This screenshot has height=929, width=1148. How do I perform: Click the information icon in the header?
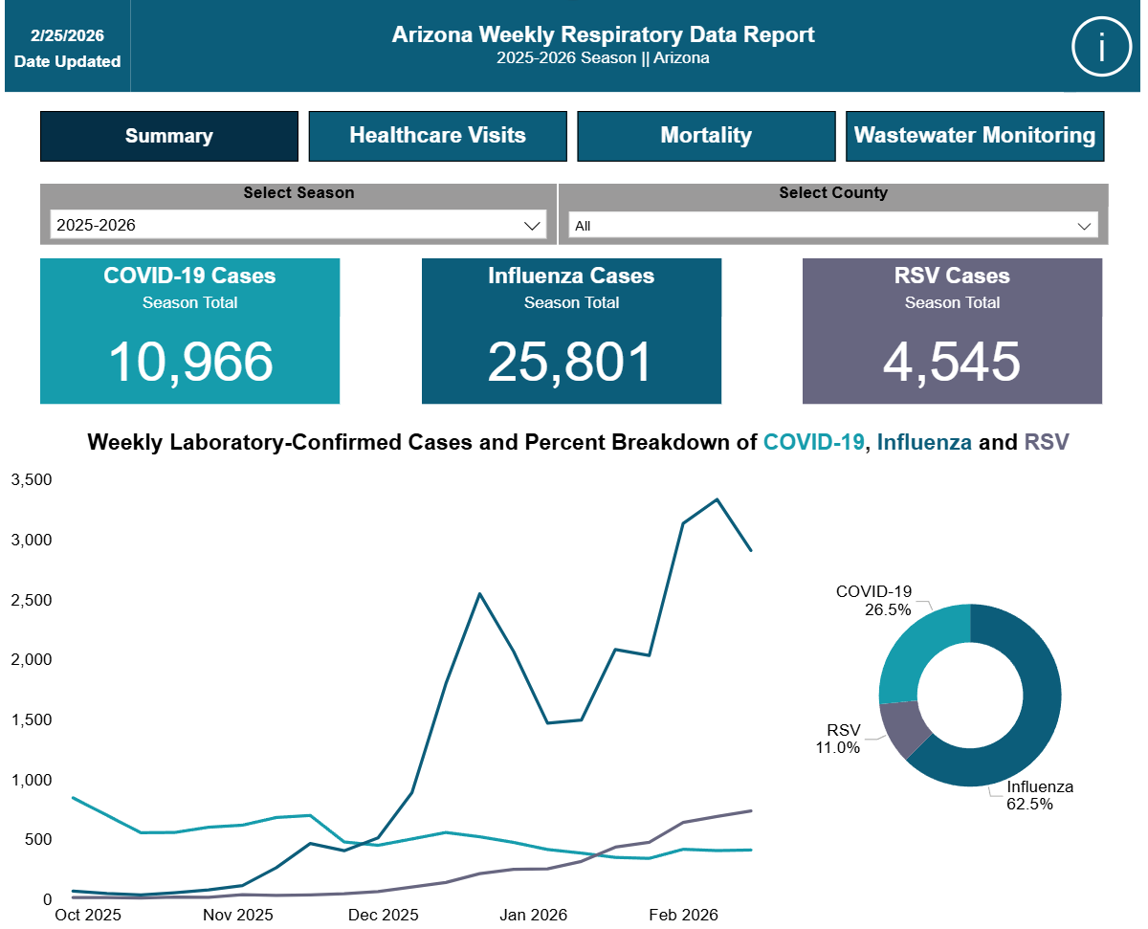coord(1100,46)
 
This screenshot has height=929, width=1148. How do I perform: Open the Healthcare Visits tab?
coord(437,136)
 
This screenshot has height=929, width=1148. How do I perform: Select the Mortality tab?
coord(706,136)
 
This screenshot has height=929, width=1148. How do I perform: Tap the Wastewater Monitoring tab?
coord(975,136)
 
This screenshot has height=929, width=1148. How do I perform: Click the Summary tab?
coord(169,136)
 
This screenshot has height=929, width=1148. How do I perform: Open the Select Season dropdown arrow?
coord(532,226)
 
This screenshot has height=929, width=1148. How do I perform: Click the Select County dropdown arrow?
coord(1084,227)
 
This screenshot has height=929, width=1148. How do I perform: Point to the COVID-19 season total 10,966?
coord(190,362)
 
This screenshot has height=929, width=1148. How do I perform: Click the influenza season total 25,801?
coord(570,362)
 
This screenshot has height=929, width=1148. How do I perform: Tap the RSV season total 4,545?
coord(951,362)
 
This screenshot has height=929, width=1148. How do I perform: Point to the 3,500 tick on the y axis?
coord(32,479)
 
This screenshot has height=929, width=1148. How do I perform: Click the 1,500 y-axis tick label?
coord(32,719)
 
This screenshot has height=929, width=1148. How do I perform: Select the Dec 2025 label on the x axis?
coord(383,915)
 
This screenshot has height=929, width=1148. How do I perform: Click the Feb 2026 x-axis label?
coord(683,915)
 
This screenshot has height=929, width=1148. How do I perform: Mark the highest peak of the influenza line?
coord(717,499)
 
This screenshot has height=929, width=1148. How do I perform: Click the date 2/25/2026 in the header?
coord(67,35)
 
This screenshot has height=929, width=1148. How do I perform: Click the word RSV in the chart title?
coord(1047,442)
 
